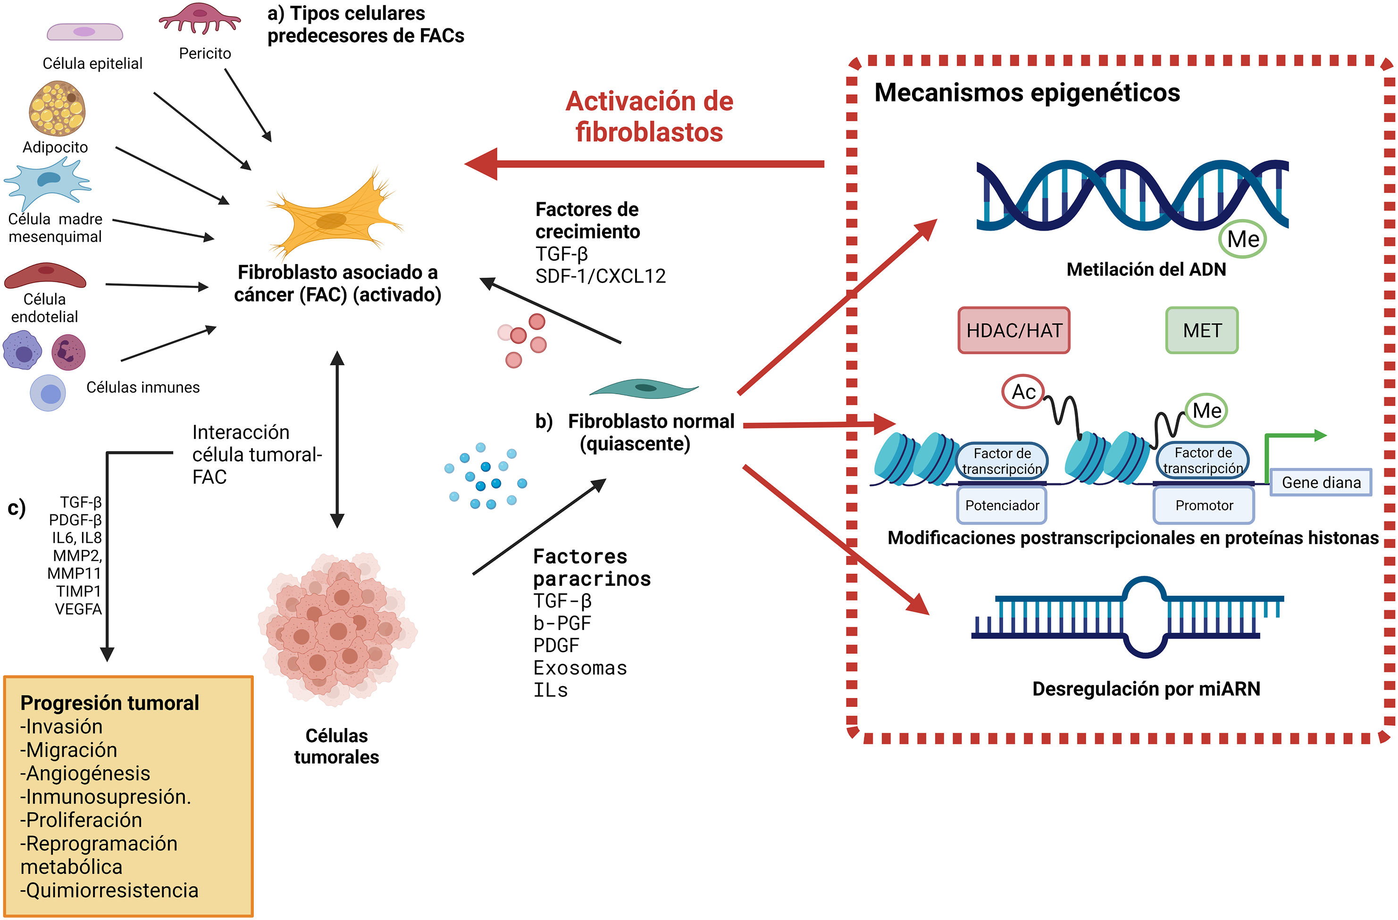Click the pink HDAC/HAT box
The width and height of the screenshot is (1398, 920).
pos(1014,330)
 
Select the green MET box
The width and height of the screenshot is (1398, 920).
pos(1202,330)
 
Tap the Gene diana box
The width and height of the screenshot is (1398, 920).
pos(1321,482)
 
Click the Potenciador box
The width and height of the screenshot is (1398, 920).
pos(1002,505)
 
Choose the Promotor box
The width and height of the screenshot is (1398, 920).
pos(1204,505)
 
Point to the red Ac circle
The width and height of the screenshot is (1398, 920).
pos(1023,391)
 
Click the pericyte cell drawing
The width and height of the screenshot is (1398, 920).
pos(200,17)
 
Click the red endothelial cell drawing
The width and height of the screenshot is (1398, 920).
pos(45,275)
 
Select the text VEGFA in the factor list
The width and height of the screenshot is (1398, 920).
pos(78,609)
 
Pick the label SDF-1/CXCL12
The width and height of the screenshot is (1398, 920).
pos(600,276)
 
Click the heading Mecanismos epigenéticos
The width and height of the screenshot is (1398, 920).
pos(1027,93)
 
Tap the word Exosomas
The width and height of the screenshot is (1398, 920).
pos(580,668)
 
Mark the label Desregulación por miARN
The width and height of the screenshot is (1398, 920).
pos(1146,688)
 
